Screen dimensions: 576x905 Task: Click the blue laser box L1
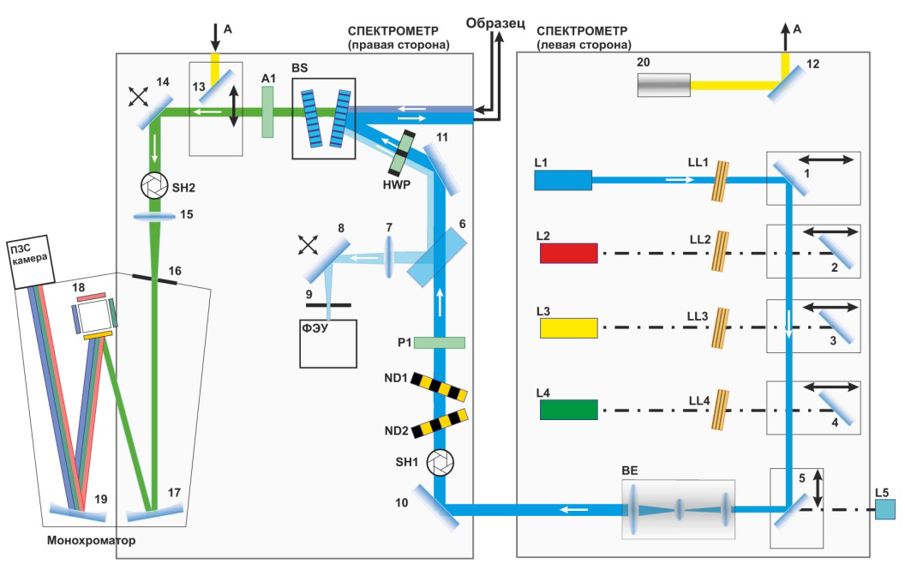563,180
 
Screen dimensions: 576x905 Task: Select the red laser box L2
568,253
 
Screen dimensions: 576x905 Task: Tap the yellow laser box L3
568,327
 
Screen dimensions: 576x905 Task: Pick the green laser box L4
568,409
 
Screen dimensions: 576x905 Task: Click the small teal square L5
885,510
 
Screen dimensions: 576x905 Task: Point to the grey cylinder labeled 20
664,85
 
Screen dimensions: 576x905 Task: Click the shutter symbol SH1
441,463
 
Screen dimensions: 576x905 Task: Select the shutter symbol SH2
154,185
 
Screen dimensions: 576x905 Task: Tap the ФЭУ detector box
327,344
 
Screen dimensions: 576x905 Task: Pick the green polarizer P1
440,343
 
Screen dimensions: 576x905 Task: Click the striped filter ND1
440,387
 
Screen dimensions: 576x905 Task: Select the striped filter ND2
440,424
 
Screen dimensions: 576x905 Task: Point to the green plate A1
269,117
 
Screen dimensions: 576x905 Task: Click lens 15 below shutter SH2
154,217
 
